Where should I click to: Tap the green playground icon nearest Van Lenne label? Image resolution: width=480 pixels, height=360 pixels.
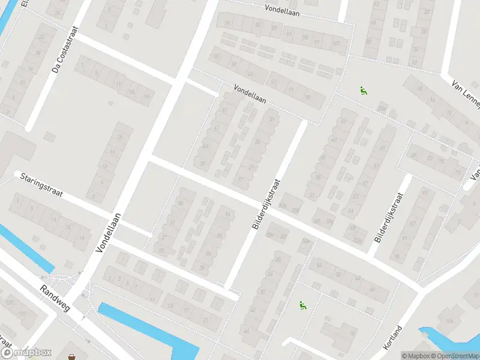click(x=363, y=91)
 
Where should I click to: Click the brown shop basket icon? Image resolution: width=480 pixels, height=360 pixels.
click(x=73, y=357)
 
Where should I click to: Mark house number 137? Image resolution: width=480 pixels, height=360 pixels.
click(x=22, y=314)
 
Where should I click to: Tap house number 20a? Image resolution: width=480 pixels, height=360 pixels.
click(x=382, y=109)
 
